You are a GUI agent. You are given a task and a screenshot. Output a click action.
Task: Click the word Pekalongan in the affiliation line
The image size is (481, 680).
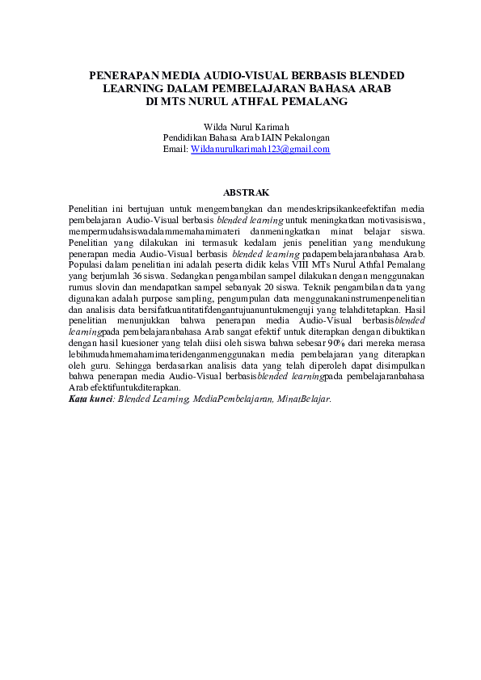(306, 138)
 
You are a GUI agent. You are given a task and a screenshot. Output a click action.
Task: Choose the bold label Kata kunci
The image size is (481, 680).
(90, 399)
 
